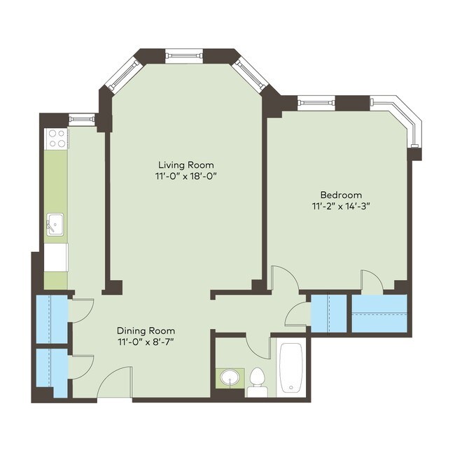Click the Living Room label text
[185, 165]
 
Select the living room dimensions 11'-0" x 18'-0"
[185, 176]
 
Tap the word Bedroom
[341, 195]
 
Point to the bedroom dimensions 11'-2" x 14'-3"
[341, 206]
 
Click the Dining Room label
[146, 330]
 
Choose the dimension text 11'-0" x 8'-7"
[146, 342]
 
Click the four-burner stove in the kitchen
[56, 139]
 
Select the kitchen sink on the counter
[55, 225]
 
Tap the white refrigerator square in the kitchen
[56, 257]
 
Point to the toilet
[257, 381]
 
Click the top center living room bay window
[184, 54]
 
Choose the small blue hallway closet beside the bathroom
[328, 314]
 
